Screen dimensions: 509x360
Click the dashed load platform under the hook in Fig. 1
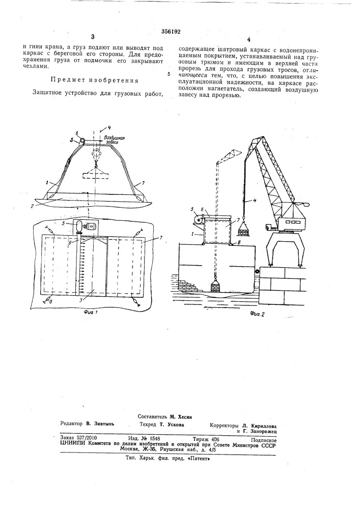pyautogui.click(x=95, y=176)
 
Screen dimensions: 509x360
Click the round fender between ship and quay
pyautogui.click(x=257, y=271)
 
